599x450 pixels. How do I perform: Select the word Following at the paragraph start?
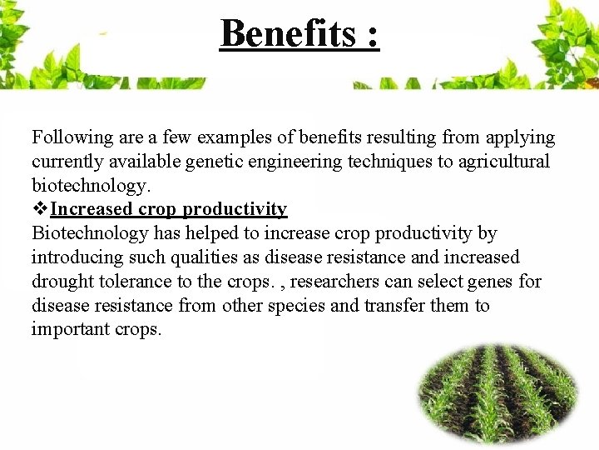[67, 138]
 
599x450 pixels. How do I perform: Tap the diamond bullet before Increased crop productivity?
[40, 209]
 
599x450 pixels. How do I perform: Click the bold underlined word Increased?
[92, 209]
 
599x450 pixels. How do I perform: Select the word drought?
[62, 282]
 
